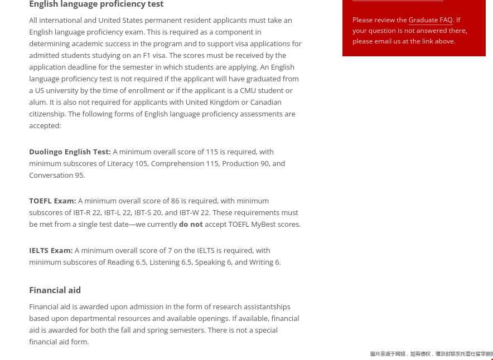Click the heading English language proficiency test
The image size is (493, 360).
(x=96, y=4)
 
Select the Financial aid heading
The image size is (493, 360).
(x=55, y=290)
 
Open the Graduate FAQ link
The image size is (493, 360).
(x=431, y=20)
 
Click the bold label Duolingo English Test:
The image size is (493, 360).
(x=70, y=152)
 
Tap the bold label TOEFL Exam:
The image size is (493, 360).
(x=52, y=201)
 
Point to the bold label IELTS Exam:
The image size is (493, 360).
(x=51, y=251)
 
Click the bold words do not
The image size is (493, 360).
(x=191, y=225)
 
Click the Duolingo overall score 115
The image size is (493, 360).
(x=212, y=152)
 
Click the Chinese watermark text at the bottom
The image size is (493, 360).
(x=431, y=354)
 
